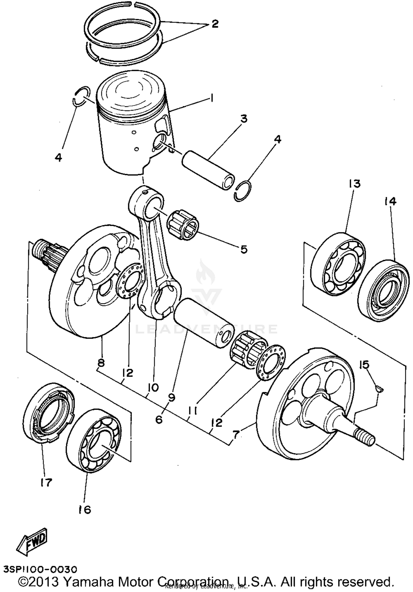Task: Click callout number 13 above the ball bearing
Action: [x=355, y=183]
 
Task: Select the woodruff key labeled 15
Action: [x=380, y=389]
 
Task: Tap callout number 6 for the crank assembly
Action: [x=159, y=419]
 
